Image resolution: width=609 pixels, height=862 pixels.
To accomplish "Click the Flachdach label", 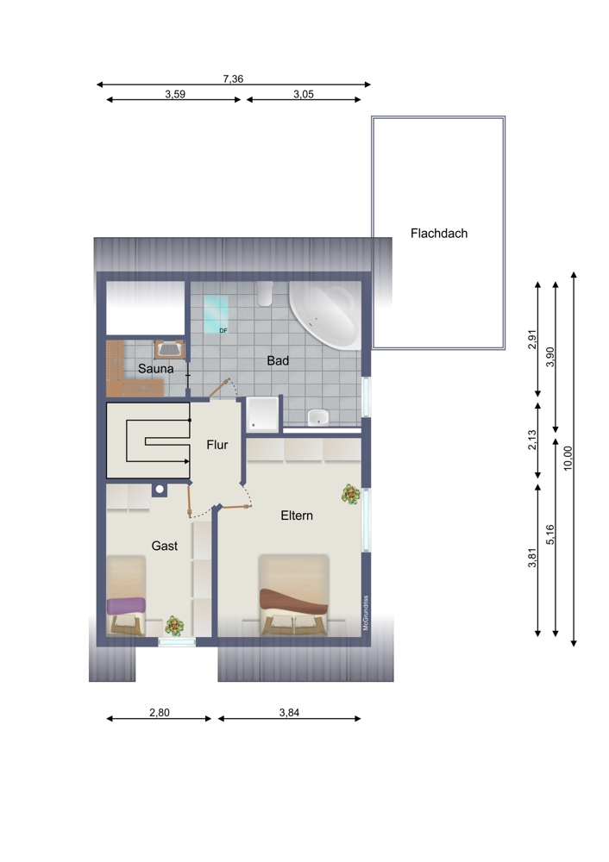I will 438,233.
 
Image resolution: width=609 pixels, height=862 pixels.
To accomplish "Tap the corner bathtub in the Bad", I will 327,317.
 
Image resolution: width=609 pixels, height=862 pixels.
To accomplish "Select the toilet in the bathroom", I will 264,296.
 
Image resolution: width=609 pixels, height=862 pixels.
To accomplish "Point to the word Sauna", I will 155,369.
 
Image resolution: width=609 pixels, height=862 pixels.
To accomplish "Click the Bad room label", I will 277,361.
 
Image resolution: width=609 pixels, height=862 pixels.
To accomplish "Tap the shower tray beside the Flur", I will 263,414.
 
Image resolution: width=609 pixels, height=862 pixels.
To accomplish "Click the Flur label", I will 217,445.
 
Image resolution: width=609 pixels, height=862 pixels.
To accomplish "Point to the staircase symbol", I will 148,440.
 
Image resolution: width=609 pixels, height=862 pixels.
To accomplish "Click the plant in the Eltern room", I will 350,494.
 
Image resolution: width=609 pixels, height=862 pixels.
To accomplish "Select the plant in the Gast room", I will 175,625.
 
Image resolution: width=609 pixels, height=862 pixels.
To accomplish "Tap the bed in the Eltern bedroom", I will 294,595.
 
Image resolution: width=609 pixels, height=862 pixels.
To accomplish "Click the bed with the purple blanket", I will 127,595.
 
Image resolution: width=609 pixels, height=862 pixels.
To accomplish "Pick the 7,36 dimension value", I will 233,78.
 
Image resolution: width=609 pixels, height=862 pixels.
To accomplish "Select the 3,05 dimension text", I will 303,95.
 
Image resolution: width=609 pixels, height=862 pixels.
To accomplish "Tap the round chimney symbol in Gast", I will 160,490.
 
